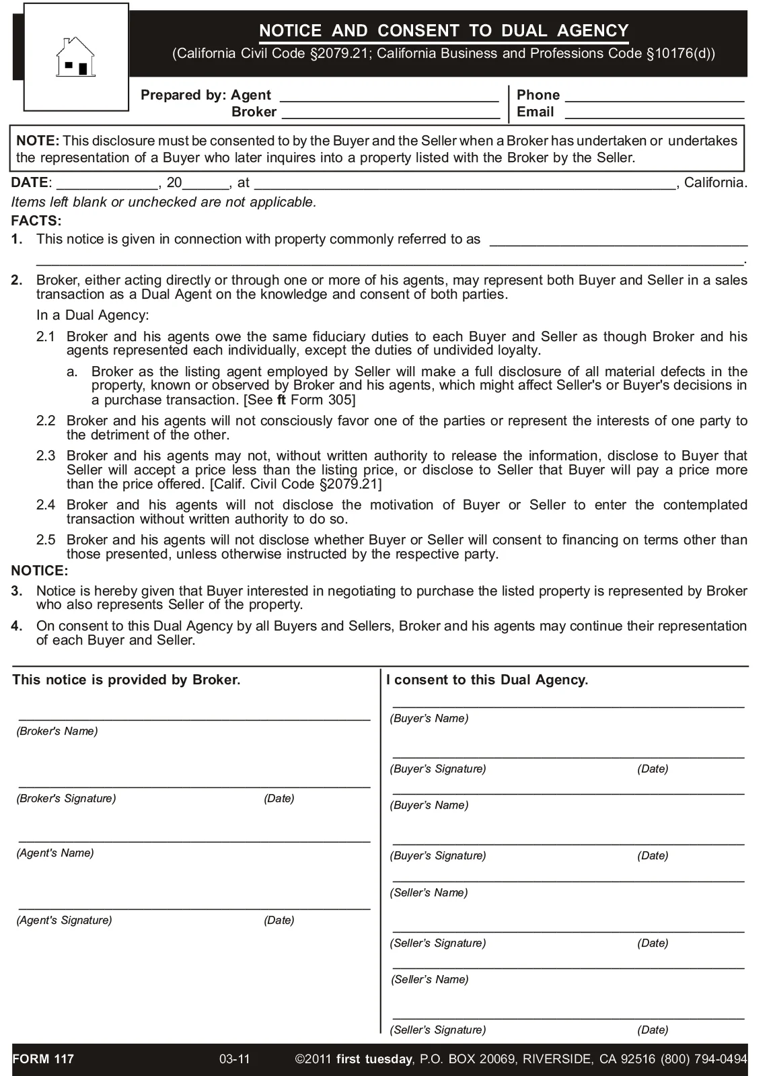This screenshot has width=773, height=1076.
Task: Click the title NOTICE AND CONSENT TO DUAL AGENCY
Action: coord(444,31)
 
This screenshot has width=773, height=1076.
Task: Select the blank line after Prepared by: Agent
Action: coord(389,98)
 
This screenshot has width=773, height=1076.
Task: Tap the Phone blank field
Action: coord(655,98)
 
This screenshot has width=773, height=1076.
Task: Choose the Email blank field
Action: coord(655,114)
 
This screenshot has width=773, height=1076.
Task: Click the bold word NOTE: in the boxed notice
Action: coord(38,141)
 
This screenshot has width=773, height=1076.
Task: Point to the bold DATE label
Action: coord(30,182)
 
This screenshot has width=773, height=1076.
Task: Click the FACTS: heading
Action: coord(36,221)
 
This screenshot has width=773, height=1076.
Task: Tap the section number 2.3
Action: coord(46,456)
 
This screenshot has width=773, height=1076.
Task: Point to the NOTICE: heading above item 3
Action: coord(40,571)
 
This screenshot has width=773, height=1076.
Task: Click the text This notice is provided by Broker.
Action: coord(126,680)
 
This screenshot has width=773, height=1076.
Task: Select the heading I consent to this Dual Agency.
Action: coord(487,680)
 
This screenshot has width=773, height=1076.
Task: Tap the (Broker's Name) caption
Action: coord(57,731)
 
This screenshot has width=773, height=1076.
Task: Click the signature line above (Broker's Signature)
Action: coord(194,785)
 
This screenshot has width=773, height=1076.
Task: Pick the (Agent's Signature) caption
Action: coord(65,921)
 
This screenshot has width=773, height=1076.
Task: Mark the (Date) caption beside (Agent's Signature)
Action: coord(279,921)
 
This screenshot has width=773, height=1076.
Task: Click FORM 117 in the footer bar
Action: coord(44,1059)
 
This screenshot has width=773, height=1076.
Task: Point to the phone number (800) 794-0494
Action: coord(704,1059)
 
